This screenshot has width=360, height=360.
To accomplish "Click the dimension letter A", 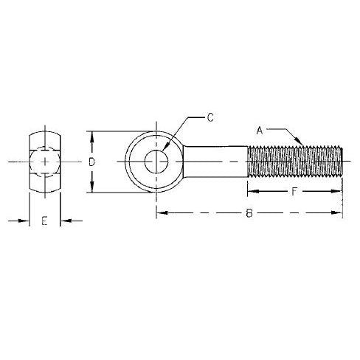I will [x=260, y=131].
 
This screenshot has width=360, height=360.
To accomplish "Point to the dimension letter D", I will [x=91, y=162].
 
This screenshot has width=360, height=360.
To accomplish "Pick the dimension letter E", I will [x=45, y=221].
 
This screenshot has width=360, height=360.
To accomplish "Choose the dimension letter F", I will [x=294, y=192].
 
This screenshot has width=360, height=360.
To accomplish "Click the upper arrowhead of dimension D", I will [x=91, y=134].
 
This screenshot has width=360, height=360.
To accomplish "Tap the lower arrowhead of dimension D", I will [x=91, y=190].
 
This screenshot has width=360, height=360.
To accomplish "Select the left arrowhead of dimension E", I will [x=26, y=220].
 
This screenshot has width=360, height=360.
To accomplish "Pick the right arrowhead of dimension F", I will [x=340, y=192].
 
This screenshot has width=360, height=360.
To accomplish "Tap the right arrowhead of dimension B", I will [x=340, y=215].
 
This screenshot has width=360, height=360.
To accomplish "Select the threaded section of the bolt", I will [x=295, y=162].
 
